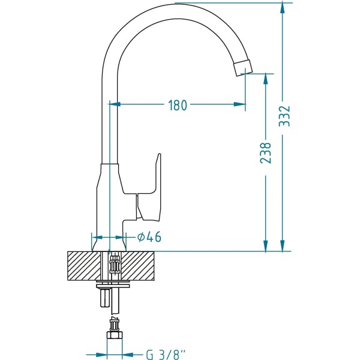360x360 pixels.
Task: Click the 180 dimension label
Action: tap(178, 106)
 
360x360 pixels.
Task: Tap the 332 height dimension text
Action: tap(284, 116)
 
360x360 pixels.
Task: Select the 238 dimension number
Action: tap(266, 153)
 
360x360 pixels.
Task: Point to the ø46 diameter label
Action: tap(149, 237)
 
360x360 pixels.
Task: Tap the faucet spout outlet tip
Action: tap(243, 68)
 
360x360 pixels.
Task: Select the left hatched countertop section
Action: tap(84, 266)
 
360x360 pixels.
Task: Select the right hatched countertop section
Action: tap(138, 266)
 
